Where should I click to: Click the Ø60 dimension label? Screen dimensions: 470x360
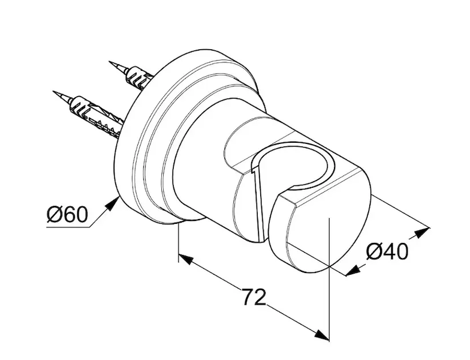[x=67, y=215]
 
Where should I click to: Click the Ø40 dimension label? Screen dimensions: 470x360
[x=387, y=251]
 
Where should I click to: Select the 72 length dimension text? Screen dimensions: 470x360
[x=254, y=297]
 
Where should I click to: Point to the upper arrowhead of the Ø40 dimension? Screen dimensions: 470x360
[x=422, y=232]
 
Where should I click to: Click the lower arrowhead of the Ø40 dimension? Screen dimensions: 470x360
[x=354, y=270]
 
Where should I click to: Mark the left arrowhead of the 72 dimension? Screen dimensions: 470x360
[x=186, y=259]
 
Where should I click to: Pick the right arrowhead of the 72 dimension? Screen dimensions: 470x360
[x=321, y=335]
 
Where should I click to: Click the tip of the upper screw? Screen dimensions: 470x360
[x=109, y=62]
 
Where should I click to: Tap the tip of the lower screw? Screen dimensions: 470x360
[x=53, y=92]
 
